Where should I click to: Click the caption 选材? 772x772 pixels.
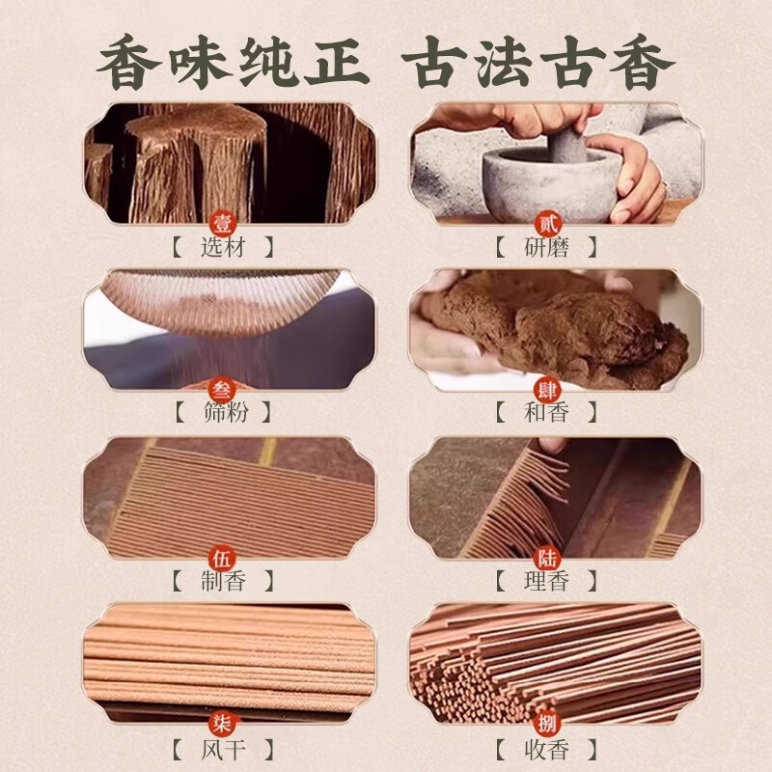223,247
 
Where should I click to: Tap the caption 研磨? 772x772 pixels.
546,247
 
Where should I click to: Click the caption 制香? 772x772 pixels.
223,580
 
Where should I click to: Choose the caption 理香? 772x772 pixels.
546,580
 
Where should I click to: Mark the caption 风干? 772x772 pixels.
223,747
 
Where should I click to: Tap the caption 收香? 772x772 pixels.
546,747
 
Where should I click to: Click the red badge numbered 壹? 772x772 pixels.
223,224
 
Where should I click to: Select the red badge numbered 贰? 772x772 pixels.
547,224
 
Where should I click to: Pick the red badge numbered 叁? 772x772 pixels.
223,390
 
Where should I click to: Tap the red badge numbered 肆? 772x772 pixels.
547,390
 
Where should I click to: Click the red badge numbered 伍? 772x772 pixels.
223,557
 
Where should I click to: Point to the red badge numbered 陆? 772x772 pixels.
547,557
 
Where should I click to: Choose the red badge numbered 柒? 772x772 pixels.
223,724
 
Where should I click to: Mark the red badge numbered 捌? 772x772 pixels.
547,724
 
